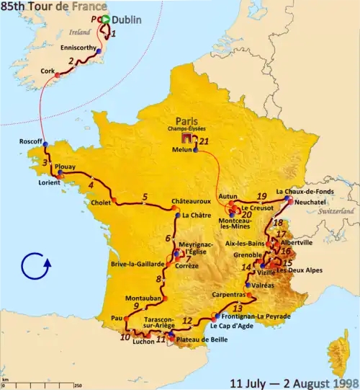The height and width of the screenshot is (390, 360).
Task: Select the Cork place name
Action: [48, 71]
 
